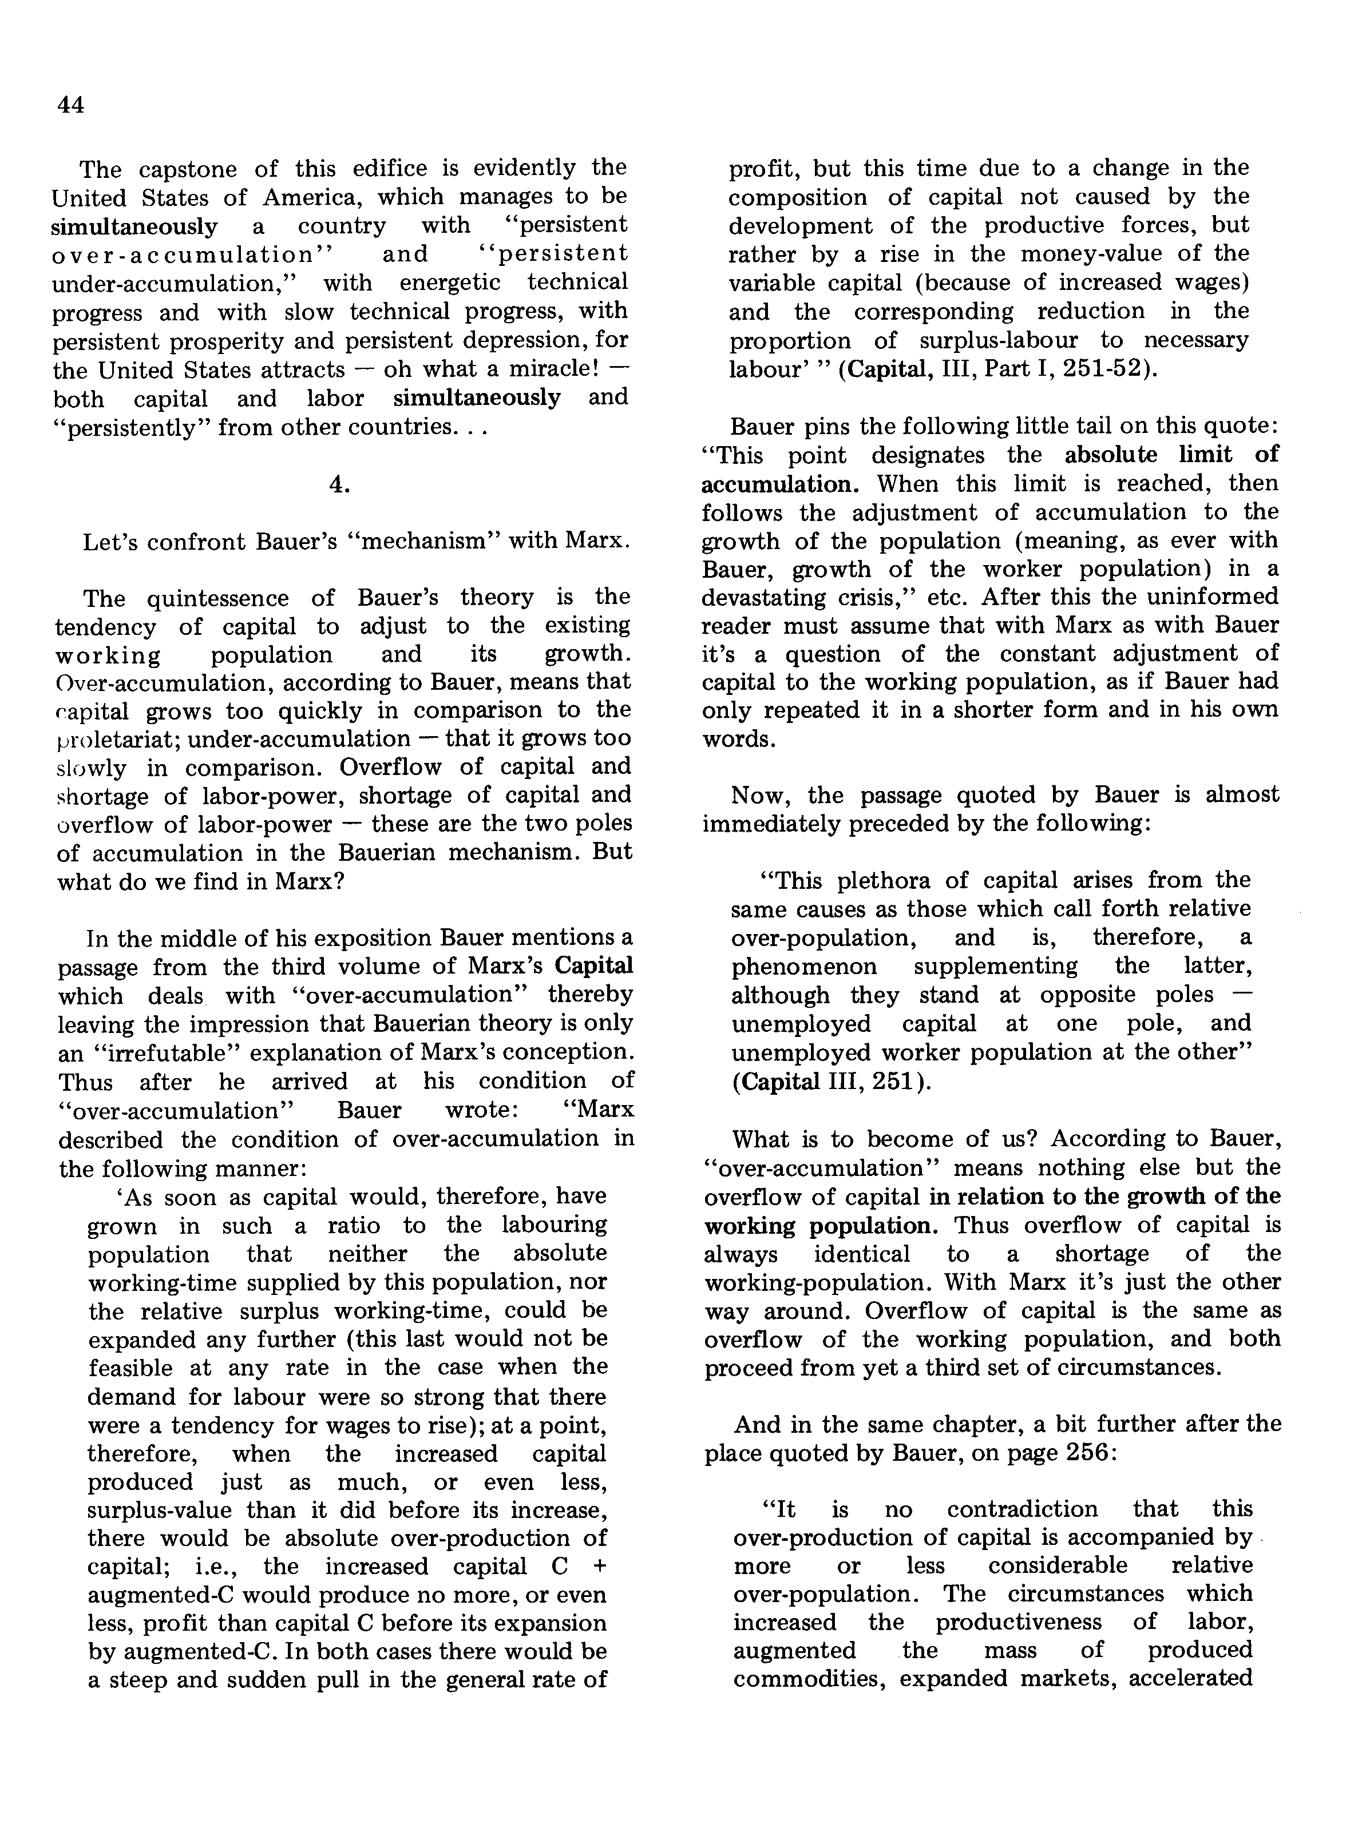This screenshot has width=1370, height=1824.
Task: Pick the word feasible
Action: point(130,1367)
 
